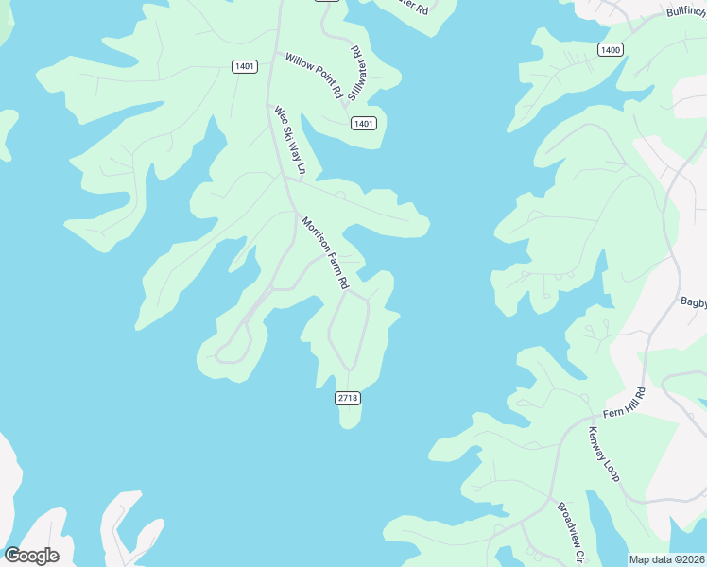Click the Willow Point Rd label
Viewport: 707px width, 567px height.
pyautogui.click(x=314, y=76)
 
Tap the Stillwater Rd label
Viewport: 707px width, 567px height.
pyautogui.click(x=356, y=73)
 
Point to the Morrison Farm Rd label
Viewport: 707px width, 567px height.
pyautogui.click(x=325, y=252)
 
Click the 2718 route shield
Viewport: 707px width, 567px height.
pyautogui.click(x=347, y=399)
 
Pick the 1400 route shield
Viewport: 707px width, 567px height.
pyautogui.click(x=611, y=49)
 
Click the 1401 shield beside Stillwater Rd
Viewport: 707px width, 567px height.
pyautogui.click(x=364, y=124)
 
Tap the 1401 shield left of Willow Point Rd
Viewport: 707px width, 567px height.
pyautogui.click(x=244, y=65)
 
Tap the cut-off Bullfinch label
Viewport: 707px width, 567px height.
pyautogui.click(x=685, y=11)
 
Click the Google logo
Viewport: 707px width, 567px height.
pyautogui.click(x=31, y=556)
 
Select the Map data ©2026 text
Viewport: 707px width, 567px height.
pyautogui.click(x=666, y=559)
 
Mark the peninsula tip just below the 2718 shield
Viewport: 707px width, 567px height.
pyautogui.click(x=349, y=421)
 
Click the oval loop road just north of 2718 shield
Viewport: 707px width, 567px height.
pyautogui.click(x=347, y=331)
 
